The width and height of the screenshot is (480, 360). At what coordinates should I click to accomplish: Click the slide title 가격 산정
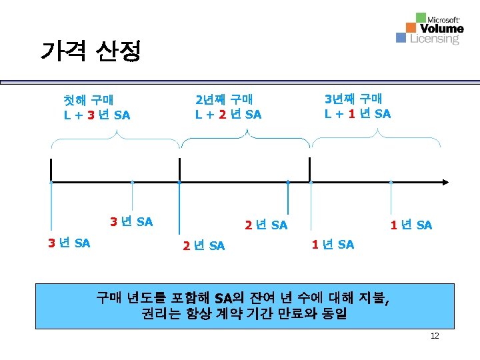pos(91,51)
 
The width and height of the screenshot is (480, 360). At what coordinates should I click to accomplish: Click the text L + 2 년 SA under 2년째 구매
pos(228,115)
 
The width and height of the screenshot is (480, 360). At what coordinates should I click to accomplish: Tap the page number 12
pos(435,336)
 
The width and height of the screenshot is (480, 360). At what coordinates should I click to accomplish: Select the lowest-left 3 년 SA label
pos(69,243)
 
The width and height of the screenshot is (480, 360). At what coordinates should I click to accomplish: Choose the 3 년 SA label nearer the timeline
pos(131,221)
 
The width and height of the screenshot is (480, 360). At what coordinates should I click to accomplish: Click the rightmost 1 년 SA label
pos(411,225)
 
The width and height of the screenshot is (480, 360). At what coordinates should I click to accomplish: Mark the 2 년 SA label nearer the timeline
pos(266,225)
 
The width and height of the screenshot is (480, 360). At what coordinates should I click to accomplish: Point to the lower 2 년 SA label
pos(203,246)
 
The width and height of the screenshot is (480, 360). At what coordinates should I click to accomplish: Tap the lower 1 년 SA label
pos(333,245)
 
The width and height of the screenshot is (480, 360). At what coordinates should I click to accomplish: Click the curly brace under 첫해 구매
pos(116,139)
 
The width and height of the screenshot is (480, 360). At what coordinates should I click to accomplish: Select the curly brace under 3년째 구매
pos(377,138)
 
